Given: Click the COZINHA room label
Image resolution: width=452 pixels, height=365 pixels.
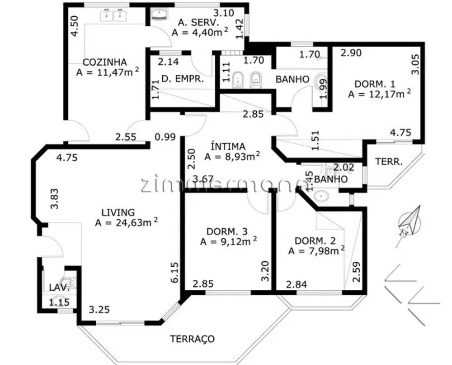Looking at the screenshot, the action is [x=105, y=62].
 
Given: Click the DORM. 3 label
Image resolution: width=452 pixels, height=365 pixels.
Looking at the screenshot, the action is [x=227, y=231].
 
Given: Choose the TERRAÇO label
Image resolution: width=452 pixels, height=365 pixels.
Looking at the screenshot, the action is [x=192, y=338].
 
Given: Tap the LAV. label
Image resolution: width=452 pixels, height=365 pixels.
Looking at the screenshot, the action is [x=59, y=287].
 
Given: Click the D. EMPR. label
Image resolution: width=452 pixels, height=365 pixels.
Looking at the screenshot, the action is [x=183, y=78].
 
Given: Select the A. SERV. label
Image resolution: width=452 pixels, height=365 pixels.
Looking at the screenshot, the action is [x=198, y=22].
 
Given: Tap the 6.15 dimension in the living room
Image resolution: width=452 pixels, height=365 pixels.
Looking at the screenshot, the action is [x=175, y=272].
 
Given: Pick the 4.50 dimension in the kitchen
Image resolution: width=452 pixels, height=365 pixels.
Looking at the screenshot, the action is [x=74, y=26].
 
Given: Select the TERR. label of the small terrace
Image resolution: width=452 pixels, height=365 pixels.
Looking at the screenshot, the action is [x=389, y=161].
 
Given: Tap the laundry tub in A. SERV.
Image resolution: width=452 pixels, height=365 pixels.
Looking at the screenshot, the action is [x=160, y=14].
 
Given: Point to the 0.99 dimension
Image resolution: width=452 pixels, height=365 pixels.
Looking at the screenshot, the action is [x=165, y=136].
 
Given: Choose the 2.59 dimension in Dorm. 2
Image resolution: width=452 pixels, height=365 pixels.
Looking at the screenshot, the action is [x=356, y=272].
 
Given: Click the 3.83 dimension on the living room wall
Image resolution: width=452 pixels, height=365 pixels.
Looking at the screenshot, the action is [x=54, y=199].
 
